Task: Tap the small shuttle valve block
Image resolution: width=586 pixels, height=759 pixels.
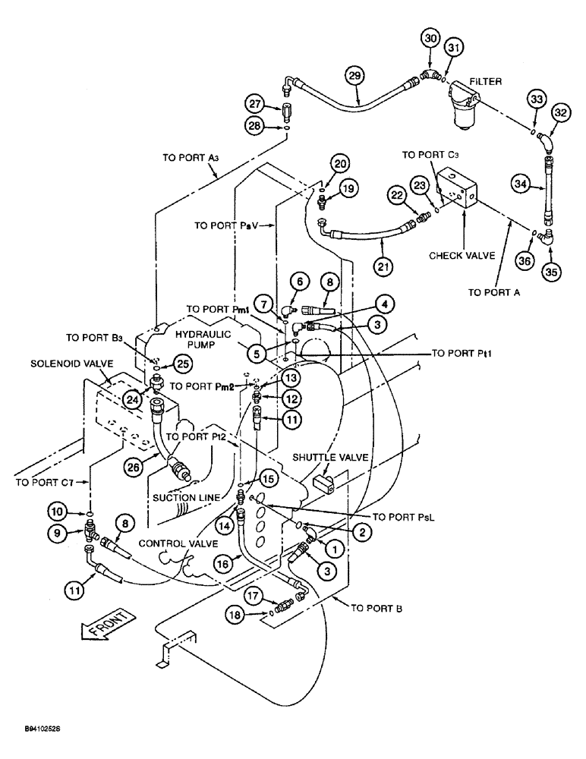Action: pyautogui.click(x=321, y=481)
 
